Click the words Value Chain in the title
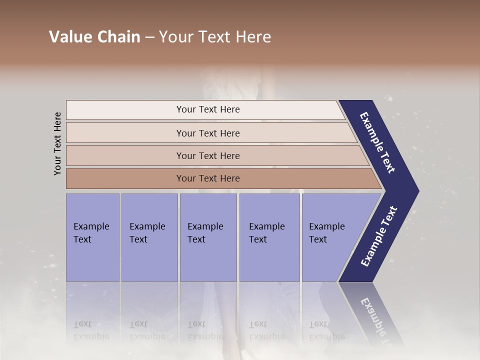click(94, 37)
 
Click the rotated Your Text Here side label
click(58, 143)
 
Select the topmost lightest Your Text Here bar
click(207, 109)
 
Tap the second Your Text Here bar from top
click(207, 133)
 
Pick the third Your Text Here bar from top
click(207, 155)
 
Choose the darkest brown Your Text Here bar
click(207, 178)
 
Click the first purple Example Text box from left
click(92, 237)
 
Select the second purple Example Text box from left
click(149, 237)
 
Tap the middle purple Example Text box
click(208, 237)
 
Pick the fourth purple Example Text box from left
click(269, 237)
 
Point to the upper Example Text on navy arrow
click(378, 142)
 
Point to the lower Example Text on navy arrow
click(378, 236)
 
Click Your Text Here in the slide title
click(215, 37)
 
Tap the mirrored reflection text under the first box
click(91, 330)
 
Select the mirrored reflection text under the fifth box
click(326, 330)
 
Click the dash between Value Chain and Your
click(149, 37)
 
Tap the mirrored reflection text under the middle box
click(205, 330)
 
